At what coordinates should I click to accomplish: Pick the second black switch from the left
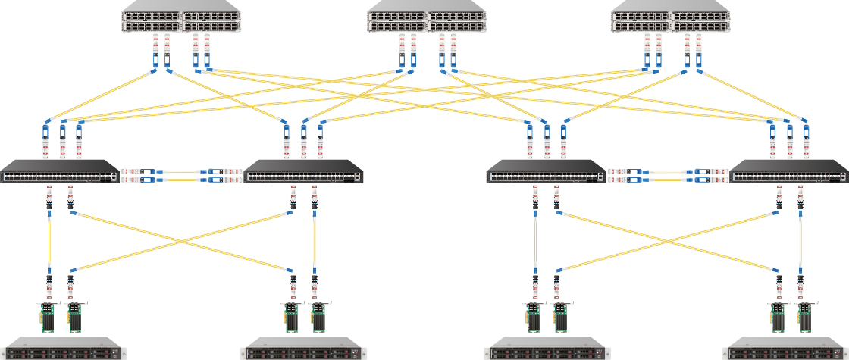pos(303,172)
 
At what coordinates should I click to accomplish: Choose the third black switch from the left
pos(547,172)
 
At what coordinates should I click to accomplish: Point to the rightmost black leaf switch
pos(789,172)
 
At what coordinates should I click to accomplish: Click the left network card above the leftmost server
pos(49,318)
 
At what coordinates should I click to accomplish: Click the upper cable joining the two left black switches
pos(182,171)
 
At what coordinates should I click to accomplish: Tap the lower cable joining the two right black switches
pos(668,180)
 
